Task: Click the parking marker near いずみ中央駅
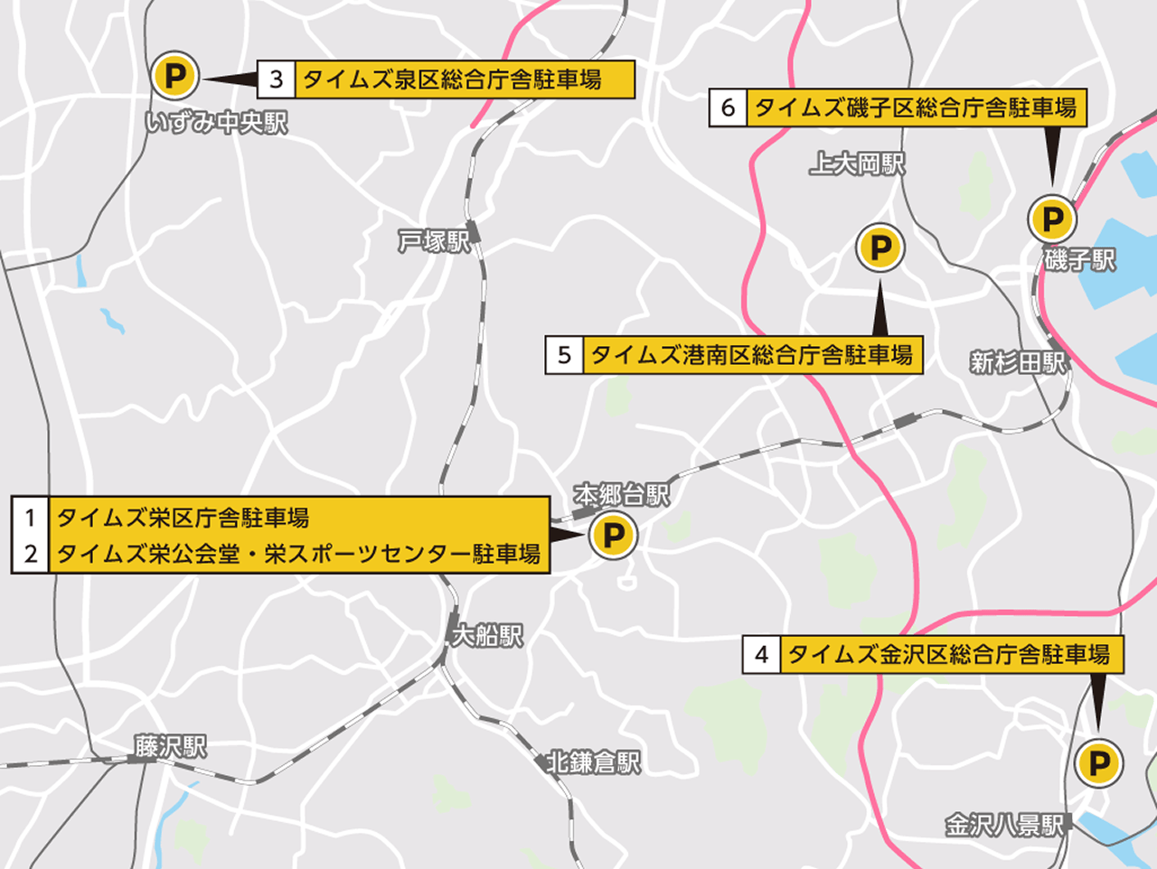(174, 76)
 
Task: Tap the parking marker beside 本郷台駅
(613, 535)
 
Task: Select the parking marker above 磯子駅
(1052, 219)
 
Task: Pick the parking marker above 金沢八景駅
(1099, 764)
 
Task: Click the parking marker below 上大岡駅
(880, 248)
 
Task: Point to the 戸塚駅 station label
(435, 241)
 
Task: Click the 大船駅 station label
(486, 636)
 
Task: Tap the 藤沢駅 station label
(170, 747)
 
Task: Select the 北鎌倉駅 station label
(593, 762)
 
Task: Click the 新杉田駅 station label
(1018, 362)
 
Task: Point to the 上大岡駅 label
(857, 164)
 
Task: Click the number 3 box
(277, 79)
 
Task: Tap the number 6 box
(728, 108)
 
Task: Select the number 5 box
(565, 355)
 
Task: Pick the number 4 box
(762, 655)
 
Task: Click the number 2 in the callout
(31, 554)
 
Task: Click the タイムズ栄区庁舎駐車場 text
(183, 518)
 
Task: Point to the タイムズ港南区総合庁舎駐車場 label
(751, 355)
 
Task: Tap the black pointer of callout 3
(230, 79)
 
